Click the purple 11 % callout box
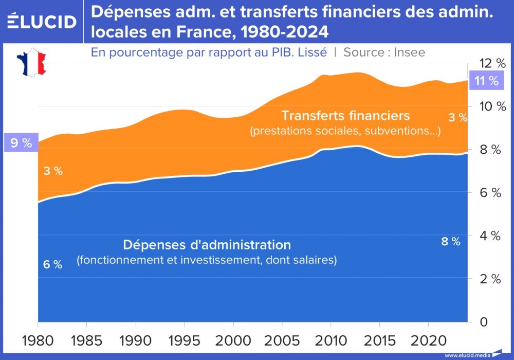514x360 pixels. click(x=486, y=81)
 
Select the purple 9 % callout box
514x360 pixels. click(x=21, y=143)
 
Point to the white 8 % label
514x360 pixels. click(x=451, y=241)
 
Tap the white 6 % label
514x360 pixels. click(x=52, y=265)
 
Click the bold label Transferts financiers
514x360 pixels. click(x=345, y=116)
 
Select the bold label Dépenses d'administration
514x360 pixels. click(x=207, y=244)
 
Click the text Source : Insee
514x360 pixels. click(x=384, y=52)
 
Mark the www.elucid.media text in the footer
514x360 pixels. click(x=467, y=355)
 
